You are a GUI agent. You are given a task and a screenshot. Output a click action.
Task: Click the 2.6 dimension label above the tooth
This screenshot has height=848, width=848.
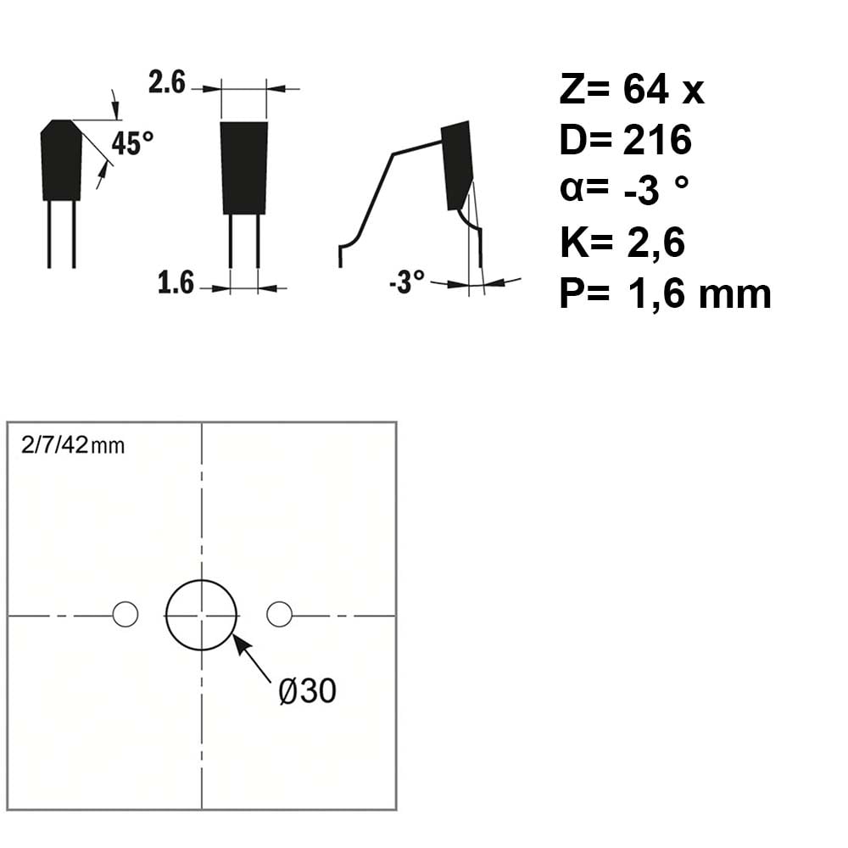(x=167, y=83)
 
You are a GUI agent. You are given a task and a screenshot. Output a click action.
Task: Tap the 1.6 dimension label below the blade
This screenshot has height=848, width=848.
(x=176, y=283)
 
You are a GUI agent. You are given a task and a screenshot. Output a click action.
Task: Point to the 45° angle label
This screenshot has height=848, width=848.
(x=132, y=143)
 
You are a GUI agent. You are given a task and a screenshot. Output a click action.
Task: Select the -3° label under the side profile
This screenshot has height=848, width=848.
(x=407, y=282)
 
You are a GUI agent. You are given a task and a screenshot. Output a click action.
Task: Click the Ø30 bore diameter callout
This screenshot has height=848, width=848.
(x=307, y=690)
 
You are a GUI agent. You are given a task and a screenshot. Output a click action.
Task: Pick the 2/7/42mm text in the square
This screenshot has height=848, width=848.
(x=73, y=445)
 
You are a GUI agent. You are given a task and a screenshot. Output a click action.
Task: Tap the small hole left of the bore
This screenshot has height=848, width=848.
(x=126, y=614)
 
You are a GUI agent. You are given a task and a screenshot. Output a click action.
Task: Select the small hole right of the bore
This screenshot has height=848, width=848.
(x=280, y=614)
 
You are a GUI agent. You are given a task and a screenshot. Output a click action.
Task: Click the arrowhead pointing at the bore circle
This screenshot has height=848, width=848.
(x=241, y=644)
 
